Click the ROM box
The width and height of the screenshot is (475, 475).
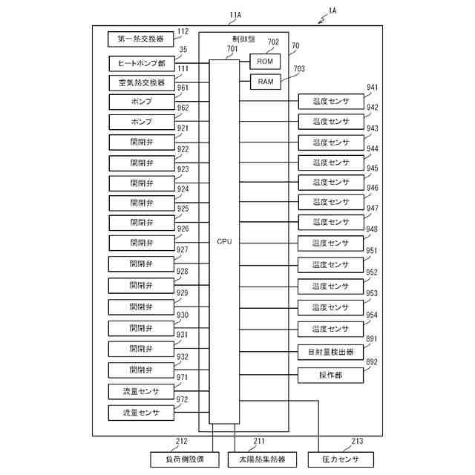(x=265, y=62)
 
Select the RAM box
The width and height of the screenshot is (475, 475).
(x=265, y=82)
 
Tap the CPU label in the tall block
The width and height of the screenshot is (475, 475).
(x=224, y=242)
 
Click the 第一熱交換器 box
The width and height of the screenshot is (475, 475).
(x=141, y=39)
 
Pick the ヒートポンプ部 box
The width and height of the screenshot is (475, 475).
(x=141, y=63)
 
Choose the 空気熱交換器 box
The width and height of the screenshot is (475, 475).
(x=141, y=82)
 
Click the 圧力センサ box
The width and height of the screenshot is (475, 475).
(x=342, y=459)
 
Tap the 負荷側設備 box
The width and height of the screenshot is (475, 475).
(x=183, y=459)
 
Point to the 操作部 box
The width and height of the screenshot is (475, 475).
(x=330, y=376)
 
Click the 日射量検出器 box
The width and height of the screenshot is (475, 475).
(x=330, y=352)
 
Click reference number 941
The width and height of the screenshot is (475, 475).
(x=372, y=88)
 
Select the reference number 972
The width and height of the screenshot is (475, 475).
(x=183, y=400)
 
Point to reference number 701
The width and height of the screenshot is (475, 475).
(x=232, y=49)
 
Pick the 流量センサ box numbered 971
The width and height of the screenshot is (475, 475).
(x=141, y=390)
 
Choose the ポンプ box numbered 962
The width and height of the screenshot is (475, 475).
(x=141, y=121)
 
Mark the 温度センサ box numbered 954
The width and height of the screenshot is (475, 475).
(x=330, y=328)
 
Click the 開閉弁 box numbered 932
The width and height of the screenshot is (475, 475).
(x=141, y=369)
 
